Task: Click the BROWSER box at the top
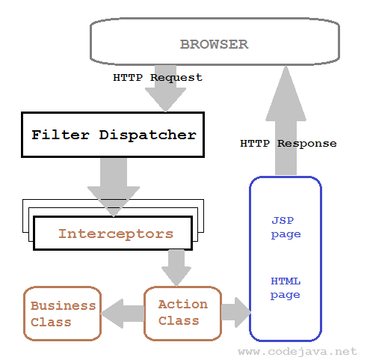pos(213,43)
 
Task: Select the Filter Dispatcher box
pos(113,135)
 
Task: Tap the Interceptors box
pos(115,233)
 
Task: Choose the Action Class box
pos(182,313)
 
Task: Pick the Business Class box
pos(62,314)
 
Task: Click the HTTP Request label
pos(158,77)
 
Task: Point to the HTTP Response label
pos(288,143)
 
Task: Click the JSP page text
pos(286,228)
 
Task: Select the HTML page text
pos(286,287)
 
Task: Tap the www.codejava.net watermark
pos(298,350)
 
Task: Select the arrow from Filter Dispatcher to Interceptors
pos(113,180)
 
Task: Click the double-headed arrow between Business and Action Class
pos(122,313)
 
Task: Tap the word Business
pos(63,305)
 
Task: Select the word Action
pos(182,304)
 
